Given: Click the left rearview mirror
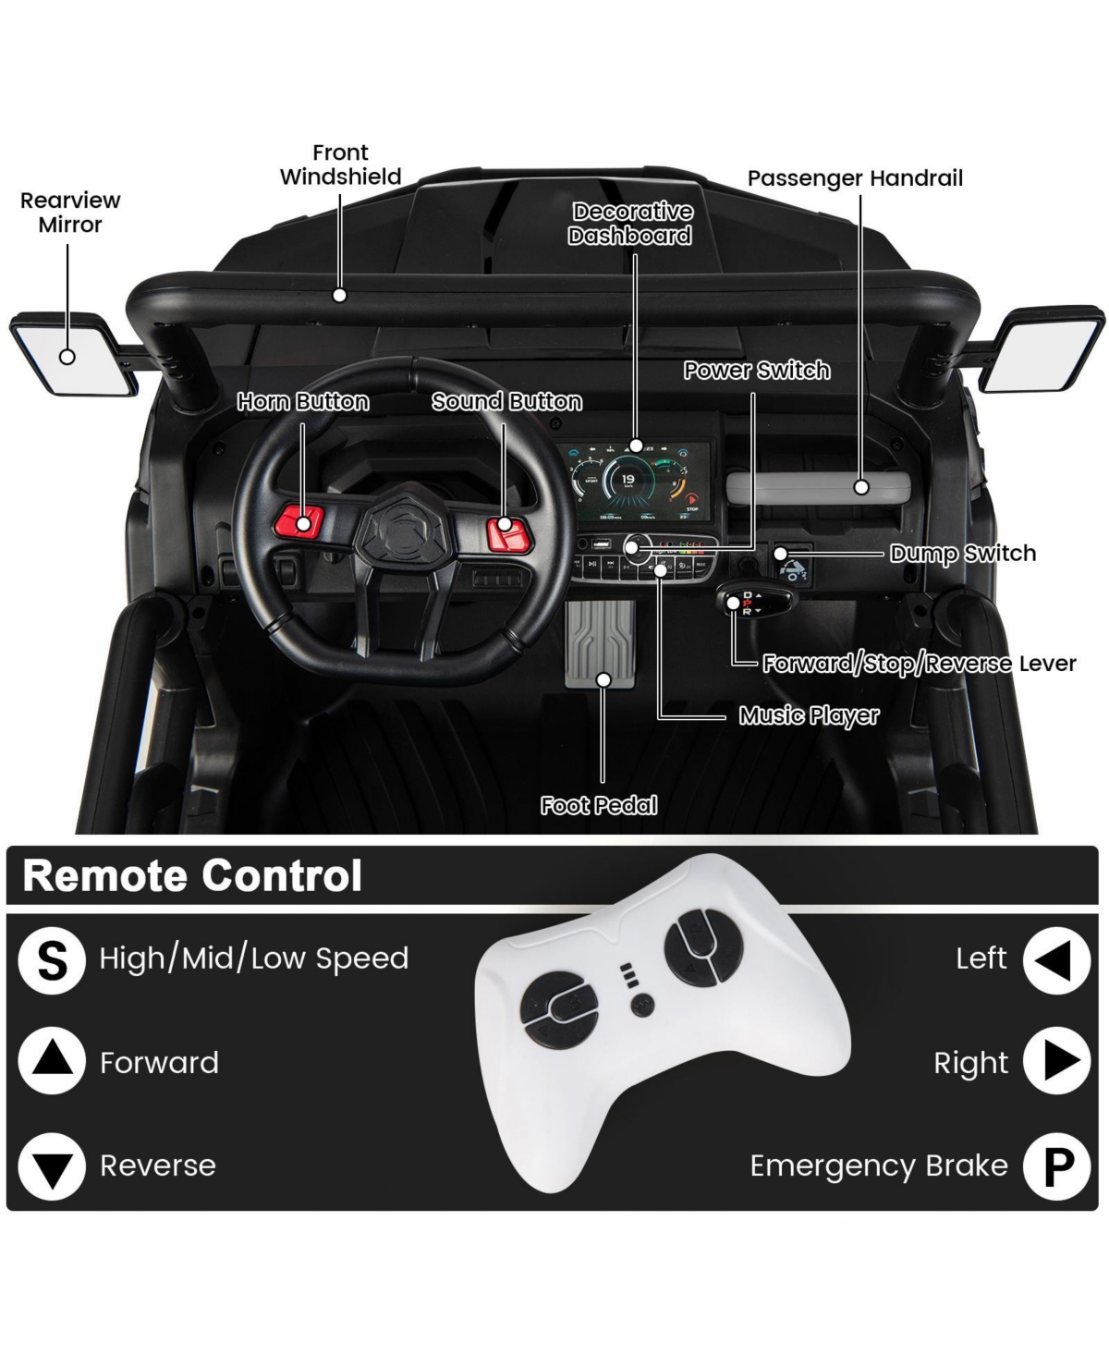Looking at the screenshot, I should (x=67, y=354).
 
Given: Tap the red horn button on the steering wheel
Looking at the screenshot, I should (x=303, y=520).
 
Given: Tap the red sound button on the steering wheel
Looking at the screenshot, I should (x=505, y=526).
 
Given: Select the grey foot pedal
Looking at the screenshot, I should (x=601, y=645).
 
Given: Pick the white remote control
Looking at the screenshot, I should (x=661, y=1017).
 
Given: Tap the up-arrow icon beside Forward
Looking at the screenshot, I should (x=52, y=1061).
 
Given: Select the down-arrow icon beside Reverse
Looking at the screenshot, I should (x=52, y=1166).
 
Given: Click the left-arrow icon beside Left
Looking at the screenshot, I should (x=1056, y=959).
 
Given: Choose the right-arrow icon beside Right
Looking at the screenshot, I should (x=1056, y=1061).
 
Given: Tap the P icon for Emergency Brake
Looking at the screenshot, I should (x=1056, y=1166).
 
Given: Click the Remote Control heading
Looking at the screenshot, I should (x=192, y=876).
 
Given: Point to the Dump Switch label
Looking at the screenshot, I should (x=962, y=554).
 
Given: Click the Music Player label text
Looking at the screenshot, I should (x=809, y=715).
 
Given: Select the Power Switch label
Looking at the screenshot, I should (x=756, y=371).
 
